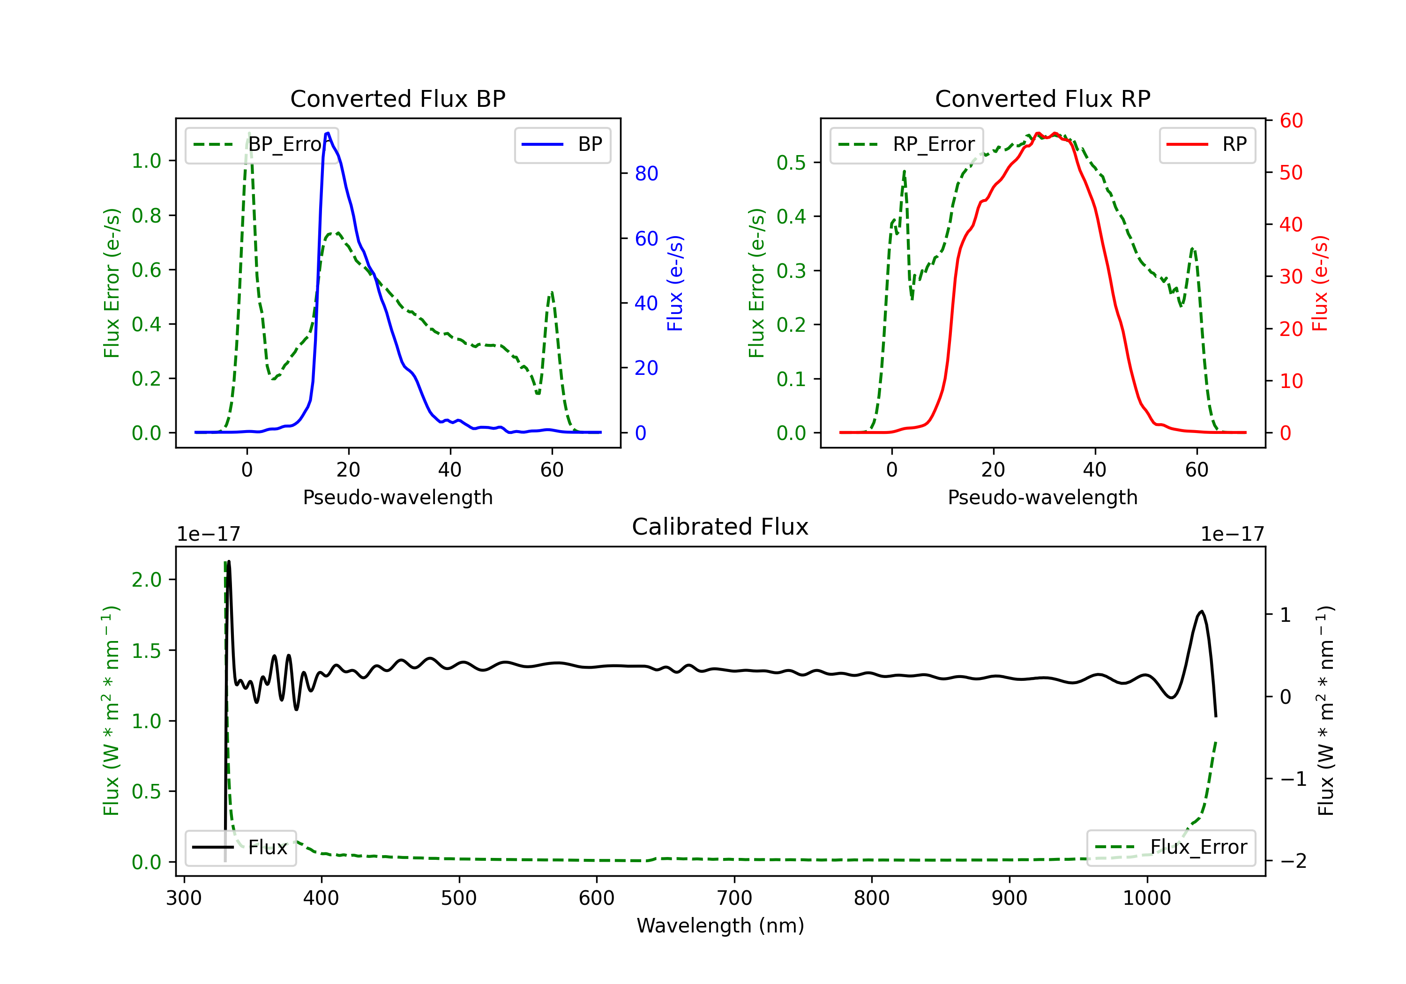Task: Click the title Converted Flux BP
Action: [x=397, y=98]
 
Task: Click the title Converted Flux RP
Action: [x=1042, y=98]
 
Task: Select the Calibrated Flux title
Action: [x=720, y=527]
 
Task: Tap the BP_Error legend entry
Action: [x=262, y=144]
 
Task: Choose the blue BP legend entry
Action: [x=562, y=144]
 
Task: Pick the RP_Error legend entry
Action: [x=906, y=144]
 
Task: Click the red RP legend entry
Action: [x=1207, y=144]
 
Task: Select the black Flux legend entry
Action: [x=240, y=848]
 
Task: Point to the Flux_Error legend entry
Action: [x=1171, y=848]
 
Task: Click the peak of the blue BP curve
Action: [x=328, y=133]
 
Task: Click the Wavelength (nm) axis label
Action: [x=720, y=925]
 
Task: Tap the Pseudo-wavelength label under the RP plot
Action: [x=1042, y=497]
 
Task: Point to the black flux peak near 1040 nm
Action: [x=1202, y=611]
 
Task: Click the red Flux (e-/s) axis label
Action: [x=1320, y=283]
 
